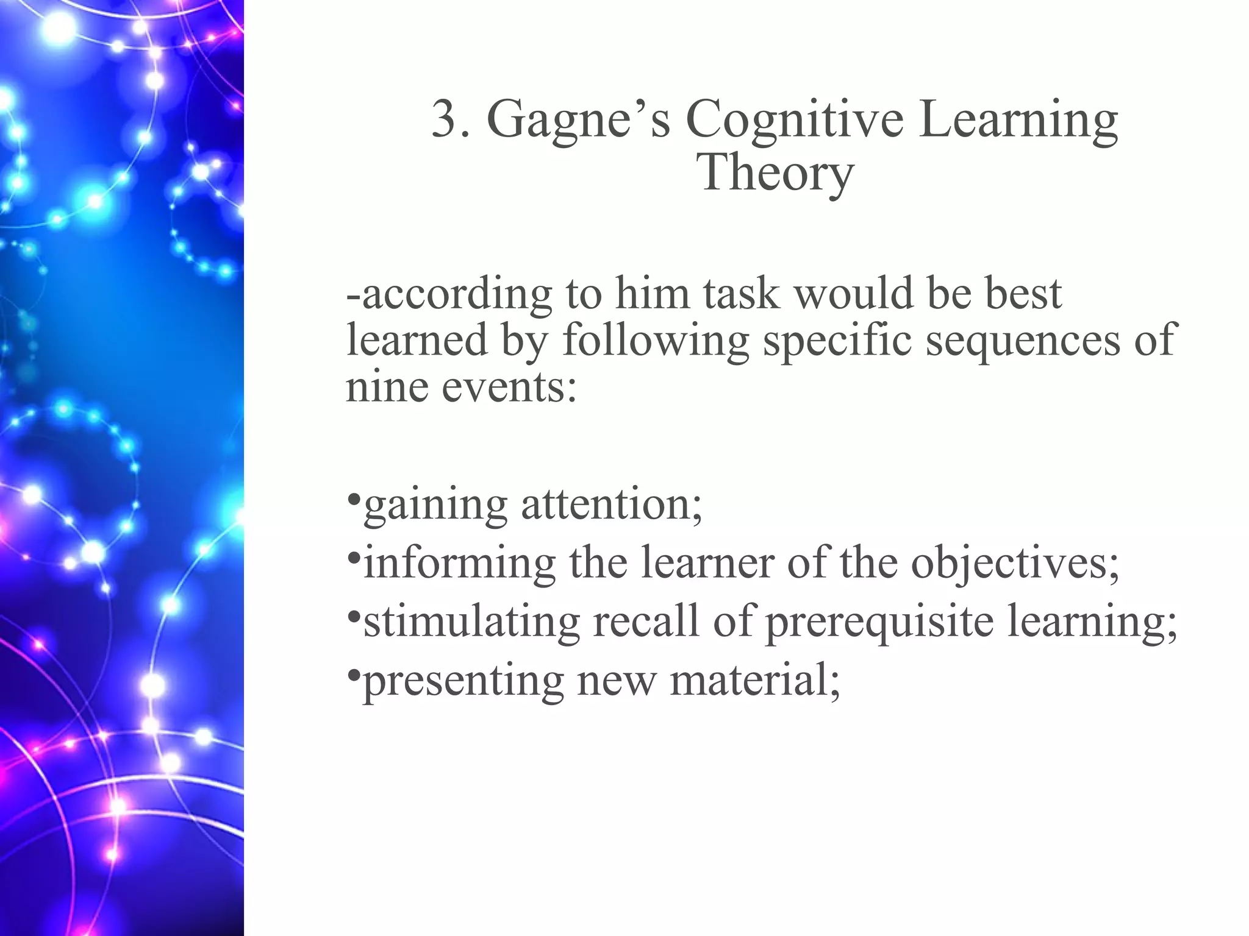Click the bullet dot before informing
pos(353,558)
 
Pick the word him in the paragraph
pos(651,294)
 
